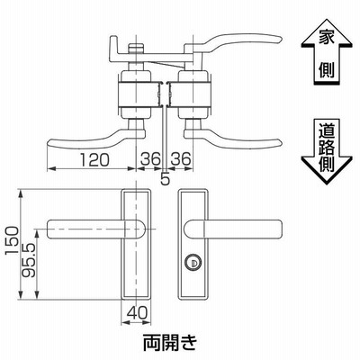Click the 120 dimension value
click(94, 159)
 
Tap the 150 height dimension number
click(13, 241)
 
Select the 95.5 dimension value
click(29, 260)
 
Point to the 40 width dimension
click(137, 313)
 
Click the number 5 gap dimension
click(166, 179)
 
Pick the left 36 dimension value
click(151, 158)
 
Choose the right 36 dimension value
click(181, 158)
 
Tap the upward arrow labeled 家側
click(327, 51)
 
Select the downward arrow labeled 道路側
click(327, 151)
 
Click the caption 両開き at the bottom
click(170, 343)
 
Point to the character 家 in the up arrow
click(327, 37)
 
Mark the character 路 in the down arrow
click(327, 148)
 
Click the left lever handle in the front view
click(96, 229)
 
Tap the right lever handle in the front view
click(233, 229)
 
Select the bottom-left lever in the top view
click(96, 139)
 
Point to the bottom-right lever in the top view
click(232, 139)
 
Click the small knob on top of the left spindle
click(136, 48)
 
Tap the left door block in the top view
click(139, 94)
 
